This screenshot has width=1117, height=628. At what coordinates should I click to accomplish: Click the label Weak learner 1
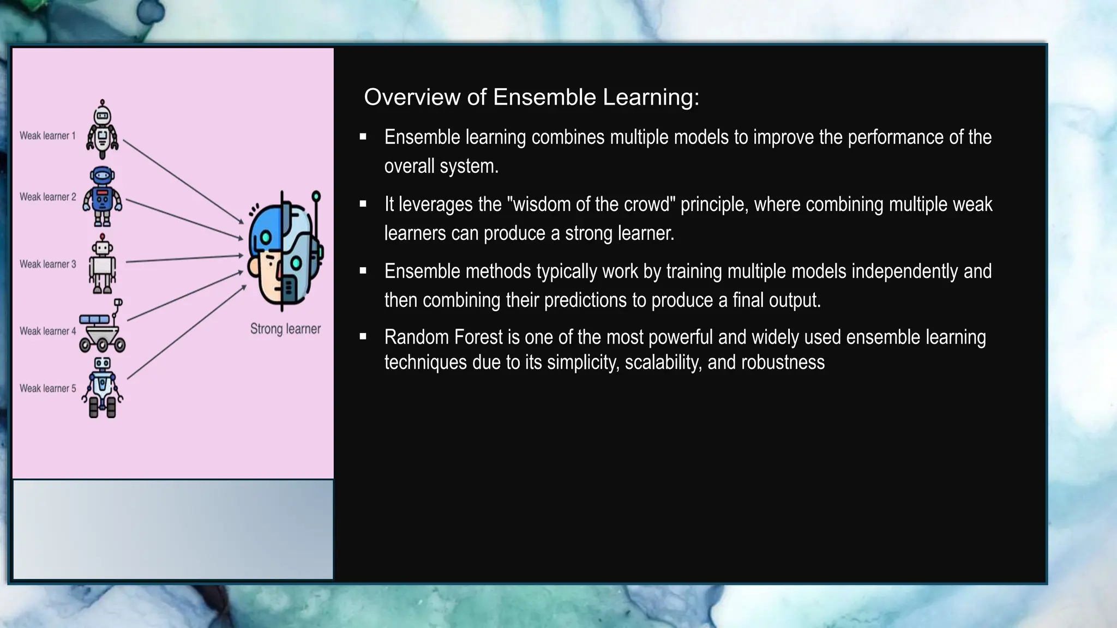(x=47, y=136)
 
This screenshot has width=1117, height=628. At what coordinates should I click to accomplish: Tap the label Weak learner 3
(x=48, y=264)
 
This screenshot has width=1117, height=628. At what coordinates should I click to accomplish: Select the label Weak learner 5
(x=48, y=389)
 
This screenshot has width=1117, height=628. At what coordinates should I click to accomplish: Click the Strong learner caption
(x=285, y=329)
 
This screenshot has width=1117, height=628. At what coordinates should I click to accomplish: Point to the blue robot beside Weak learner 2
(x=103, y=197)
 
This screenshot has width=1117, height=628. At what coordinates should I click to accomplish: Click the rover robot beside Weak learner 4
(x=102, y=327)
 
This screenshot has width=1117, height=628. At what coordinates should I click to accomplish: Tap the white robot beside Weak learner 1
(x=102, y=130)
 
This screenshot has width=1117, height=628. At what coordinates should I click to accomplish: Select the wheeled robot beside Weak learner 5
(x=103, y=388)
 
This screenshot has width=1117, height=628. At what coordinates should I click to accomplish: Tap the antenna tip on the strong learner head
(x=316, y=196)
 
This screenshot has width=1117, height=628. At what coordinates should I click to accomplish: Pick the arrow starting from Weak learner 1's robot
(x=183, y=181)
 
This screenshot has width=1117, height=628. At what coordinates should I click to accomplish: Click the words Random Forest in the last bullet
(x=443, y=337)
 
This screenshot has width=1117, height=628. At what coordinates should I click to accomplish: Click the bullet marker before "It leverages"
(x=363, y=204)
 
